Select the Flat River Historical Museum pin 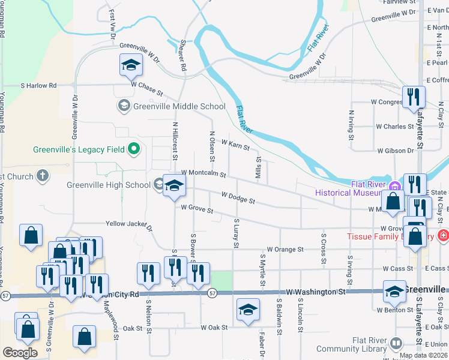[395, 185]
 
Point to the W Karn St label [235, 143]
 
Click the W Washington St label [316, 292]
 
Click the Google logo [20, 353]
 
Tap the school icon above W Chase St [130, 65]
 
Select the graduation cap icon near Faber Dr [248, 309]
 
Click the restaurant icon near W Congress [413, 97]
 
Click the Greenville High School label [108, 185]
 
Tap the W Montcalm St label [202, 173]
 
